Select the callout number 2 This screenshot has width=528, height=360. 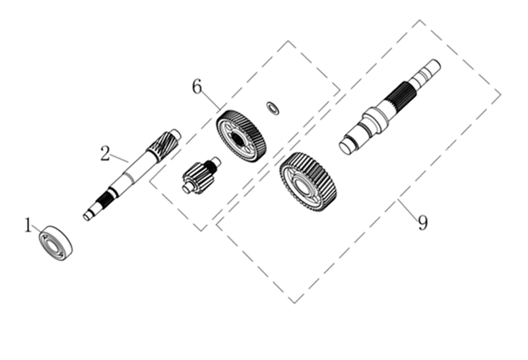coord(106,153)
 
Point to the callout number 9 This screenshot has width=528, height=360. coord(422,223)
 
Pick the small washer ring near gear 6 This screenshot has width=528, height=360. coord(273,108)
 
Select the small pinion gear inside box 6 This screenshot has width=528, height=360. coord(201,176)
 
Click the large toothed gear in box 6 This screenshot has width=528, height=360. coord(241,136)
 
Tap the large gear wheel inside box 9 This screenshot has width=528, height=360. coord(308,182)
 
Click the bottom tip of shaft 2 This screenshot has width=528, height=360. coord(86,217)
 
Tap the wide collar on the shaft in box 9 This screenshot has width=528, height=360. coord(376,120)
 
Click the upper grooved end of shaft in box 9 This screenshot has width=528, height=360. coord(426,73)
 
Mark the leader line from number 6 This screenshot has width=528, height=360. coord(211,100)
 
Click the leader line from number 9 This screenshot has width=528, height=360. coord(408,208)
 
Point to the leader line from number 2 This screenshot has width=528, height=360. coord(119,158)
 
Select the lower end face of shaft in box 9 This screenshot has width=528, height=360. coord(346,147)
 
